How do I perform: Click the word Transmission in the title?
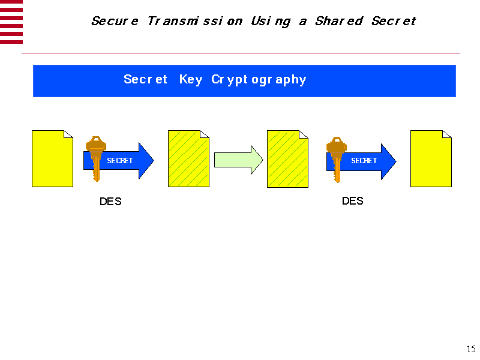tap(195, 21)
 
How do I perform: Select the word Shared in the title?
tap(339, 21)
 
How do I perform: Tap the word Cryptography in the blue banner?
tap(259, 80)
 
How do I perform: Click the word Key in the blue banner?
tap(191, 80)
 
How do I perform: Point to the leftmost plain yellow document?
tap(52, 158)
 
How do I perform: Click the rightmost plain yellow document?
tap(431, 158)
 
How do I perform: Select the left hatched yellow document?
tap(188, 158)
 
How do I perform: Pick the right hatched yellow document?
tap(287, 159)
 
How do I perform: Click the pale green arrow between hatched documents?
tap(238, 160)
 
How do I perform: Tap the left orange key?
tap(96, 158)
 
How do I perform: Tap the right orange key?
tap(337, 160)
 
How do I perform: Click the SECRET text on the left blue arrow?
tap(119, 161)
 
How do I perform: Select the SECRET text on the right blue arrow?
tap(364, 161)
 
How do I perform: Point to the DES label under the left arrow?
tap(110, 202)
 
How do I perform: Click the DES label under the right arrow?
tap(353, 201)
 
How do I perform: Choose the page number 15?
tap(471, 349)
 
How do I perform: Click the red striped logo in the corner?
tap(11, 22)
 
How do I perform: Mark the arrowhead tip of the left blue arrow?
tap(154, 160)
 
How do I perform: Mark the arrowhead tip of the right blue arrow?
tap(397, 161)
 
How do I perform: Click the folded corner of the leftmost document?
tap(68, 134)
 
